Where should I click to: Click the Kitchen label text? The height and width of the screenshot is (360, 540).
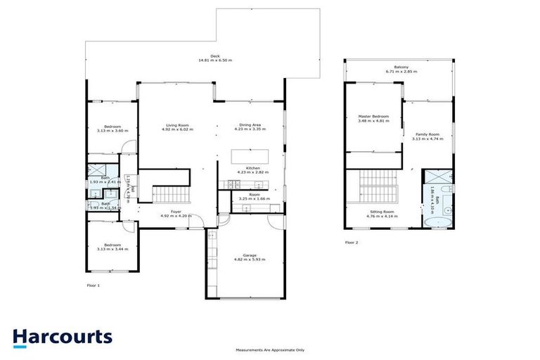(249, 169)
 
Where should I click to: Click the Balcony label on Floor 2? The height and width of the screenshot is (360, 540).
(397, 70)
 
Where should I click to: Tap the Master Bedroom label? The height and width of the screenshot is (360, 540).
(373, 119)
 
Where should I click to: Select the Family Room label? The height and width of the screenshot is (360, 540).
(427, 136)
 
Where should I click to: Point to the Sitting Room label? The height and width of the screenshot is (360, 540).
(382, 213)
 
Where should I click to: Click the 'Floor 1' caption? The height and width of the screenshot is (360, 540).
(94, 285)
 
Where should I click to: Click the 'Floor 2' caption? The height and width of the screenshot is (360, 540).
(352, 242)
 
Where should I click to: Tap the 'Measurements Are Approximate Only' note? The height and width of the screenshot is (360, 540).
(270, 349)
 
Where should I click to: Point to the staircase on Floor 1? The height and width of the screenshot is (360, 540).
(172, 193)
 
